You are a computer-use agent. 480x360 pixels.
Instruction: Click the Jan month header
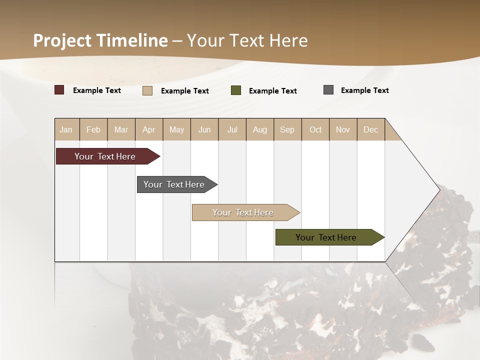(66, 129)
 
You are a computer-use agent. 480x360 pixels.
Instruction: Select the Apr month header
(149, 129)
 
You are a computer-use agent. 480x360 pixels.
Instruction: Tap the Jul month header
(232, 129)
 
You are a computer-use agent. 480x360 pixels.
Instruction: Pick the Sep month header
(287, 129)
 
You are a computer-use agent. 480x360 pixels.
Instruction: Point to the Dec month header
(370, 129)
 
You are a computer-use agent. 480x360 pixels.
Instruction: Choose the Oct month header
(315, 129)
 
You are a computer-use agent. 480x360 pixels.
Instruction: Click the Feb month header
(93, 129)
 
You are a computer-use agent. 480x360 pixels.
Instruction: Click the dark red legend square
(59, 90)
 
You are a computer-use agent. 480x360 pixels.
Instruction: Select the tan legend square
(147, 90)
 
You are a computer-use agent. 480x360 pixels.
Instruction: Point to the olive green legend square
(236, 90)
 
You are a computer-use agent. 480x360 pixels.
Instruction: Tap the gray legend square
(328, 90)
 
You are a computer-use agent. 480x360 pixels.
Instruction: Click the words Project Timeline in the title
(100, 40)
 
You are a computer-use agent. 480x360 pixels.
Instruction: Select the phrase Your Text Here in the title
(247, 40)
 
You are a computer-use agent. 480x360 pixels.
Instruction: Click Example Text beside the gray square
(364, 90)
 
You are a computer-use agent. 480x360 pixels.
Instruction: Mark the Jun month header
(204, 129)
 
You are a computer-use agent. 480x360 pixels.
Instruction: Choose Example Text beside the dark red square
(97, 90)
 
